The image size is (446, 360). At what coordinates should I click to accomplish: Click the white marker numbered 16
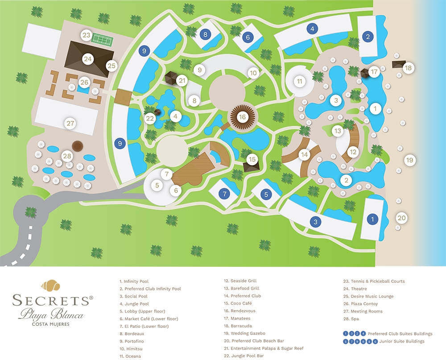pyautogui.click(x=242, y=117)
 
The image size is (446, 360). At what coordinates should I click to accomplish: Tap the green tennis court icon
pyautogui.click(x=102, y=39)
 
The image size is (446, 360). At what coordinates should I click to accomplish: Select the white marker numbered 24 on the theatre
pyautogui.click(x=87, y=59)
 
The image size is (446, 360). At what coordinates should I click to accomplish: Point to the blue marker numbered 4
pyautogui.click(x=312, y=29)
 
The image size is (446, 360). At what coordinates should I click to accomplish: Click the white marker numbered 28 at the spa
pyautogui.click(x=67, y=156)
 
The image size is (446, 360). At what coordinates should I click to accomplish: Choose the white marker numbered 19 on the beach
pyautogui.click(x=409, y=160)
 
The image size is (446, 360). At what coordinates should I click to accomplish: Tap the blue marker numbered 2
pyautogui.click(x=368, y=37)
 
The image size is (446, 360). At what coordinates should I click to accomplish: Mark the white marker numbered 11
pyautogui.click(x=300, y=81)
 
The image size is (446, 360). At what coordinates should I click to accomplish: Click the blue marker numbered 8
pyautogui.click(x=205, y=34)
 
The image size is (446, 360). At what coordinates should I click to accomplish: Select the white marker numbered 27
pyautogui.click(x=70, y=123)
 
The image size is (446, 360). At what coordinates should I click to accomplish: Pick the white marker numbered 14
pyautogui.click(x=304, y=154)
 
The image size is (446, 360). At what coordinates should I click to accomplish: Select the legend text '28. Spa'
pyautogui.click(x=351, y=319)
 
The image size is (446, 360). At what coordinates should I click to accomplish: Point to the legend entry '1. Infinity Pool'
pyautogui.click(x=134, y=281)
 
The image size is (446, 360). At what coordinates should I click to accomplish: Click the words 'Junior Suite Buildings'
pyautogui.click(x=402, y=341)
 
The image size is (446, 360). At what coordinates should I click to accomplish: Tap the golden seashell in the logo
pyautogui.click(x=51, y=285)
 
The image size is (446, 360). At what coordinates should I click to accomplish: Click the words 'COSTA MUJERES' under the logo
pyautogui.click(x=51, y=324)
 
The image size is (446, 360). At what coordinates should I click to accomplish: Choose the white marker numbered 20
pyautogui.click(x=401, y=218)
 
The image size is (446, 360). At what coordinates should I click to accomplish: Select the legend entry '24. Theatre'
pyautogui.click(x=355, y=289)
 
